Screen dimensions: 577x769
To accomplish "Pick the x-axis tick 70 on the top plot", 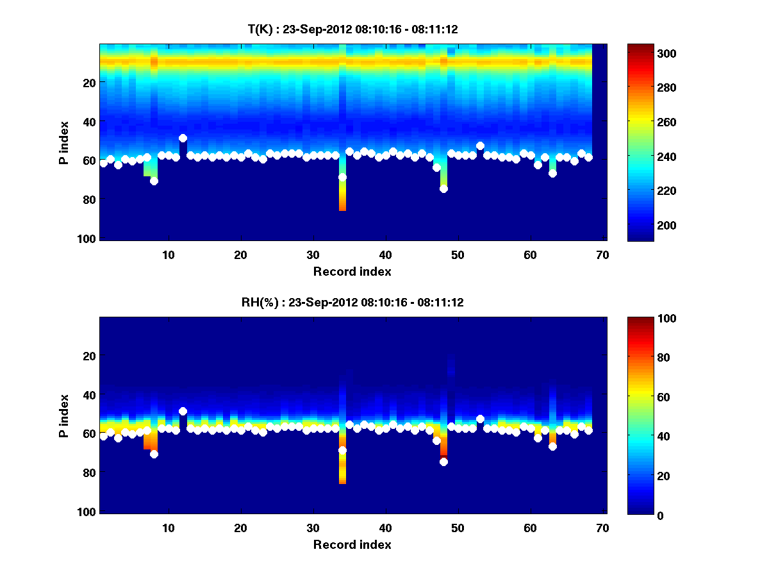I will (x=602, y=255).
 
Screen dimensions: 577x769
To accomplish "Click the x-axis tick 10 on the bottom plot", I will (x=168, y=528).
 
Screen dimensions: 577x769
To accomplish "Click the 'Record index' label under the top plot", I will (x=352, y=271).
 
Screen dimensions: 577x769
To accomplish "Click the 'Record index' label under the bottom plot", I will (x=352, y=544).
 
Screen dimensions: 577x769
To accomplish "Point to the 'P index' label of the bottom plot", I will (x=64, y=415).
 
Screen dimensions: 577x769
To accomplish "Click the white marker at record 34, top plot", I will (x=342, y=177).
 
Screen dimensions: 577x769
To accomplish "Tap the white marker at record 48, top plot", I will (x=443, y=188).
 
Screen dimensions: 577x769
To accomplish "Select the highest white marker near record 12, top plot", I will (x=183, y=138).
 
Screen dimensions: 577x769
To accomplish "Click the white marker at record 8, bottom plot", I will (x=154, y=454).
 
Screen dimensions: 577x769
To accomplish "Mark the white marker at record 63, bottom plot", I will (x=552, y=446).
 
